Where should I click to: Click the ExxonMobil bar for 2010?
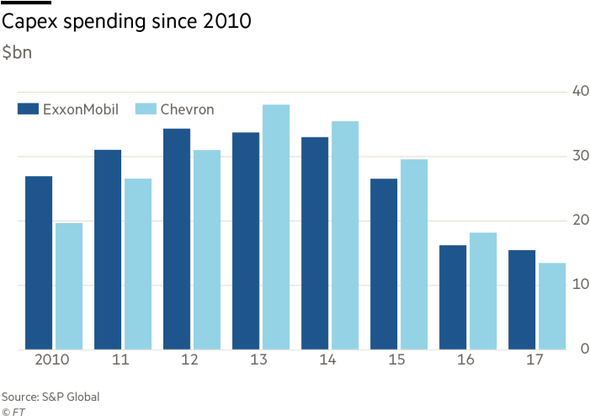tap(39, 262)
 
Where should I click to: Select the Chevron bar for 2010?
tap(69, 285)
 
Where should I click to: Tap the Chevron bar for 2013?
tap(276, 227)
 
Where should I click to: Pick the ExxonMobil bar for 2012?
tap(177, 238)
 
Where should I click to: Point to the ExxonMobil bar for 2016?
tap(453, 296)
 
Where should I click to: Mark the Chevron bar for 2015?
tap(414, 253)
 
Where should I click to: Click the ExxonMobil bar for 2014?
tap(315, 243)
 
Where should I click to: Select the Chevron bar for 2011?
tap(138, 264)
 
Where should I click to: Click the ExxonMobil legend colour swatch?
tap(28, 109)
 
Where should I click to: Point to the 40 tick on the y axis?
tap(578, 91)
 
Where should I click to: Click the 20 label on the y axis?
tap(578, 220)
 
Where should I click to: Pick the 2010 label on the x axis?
tap(53, 360)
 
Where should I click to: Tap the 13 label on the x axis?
tap(261, 360)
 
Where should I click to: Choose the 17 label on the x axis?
tap(537, 360)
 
